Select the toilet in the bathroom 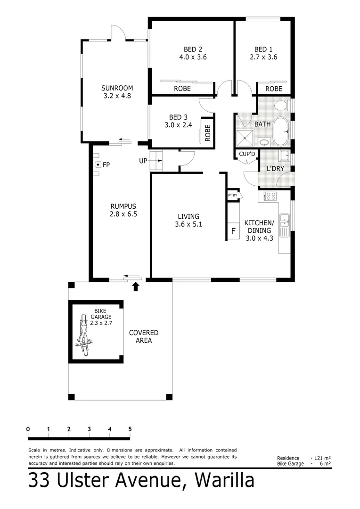pyautogui.click(x=281, y=105)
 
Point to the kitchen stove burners pyautogui.click(x=270, y=196)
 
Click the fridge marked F pyautogui.click(x=233, y=231)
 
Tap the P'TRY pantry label pyautogui.click(x=233, y=195)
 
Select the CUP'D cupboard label pyautogui.click(x=247, y=154)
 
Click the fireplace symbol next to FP pyautogui.click(x=97, y=164)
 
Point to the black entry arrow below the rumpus pyautogui.click(x=136, y=286)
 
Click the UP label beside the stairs pyautogui.click(x=143, y=161)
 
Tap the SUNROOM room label pyautogui.click(x=117, y=88)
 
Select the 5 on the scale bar pyautogui.click(x=130, y=429)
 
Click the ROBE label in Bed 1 pyautogui.click(x=274, y=89)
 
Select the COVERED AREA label pyautogui.click(x=144, y=337)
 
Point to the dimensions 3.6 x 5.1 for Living pyautogui.click(x=188, y=224)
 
